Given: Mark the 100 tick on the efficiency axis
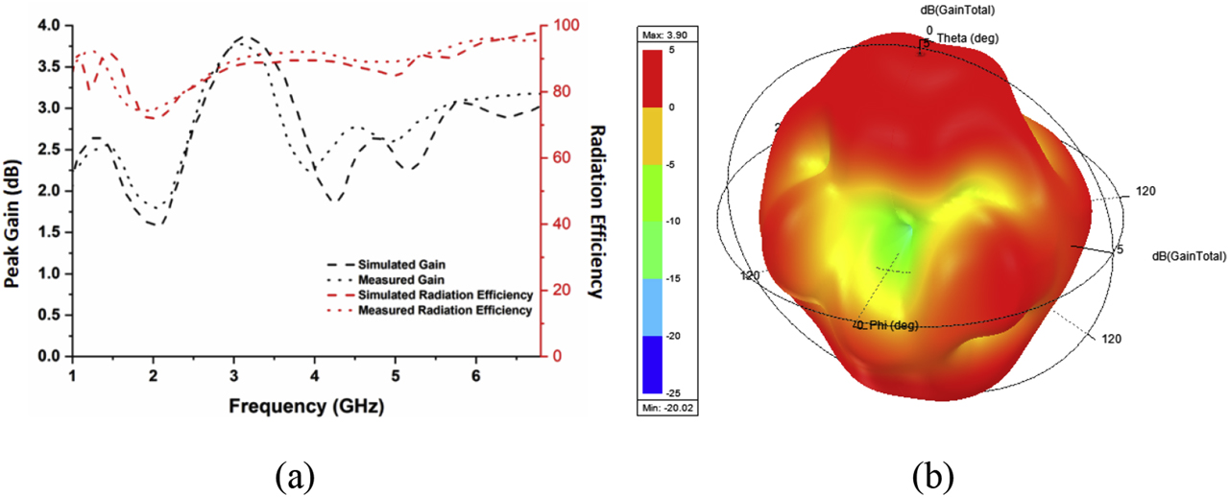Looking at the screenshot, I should click(562, 25).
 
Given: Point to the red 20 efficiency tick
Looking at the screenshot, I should click(558, 290).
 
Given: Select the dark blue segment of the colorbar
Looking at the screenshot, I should click(663, 365).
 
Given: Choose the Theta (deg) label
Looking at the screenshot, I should click(963, 38).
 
